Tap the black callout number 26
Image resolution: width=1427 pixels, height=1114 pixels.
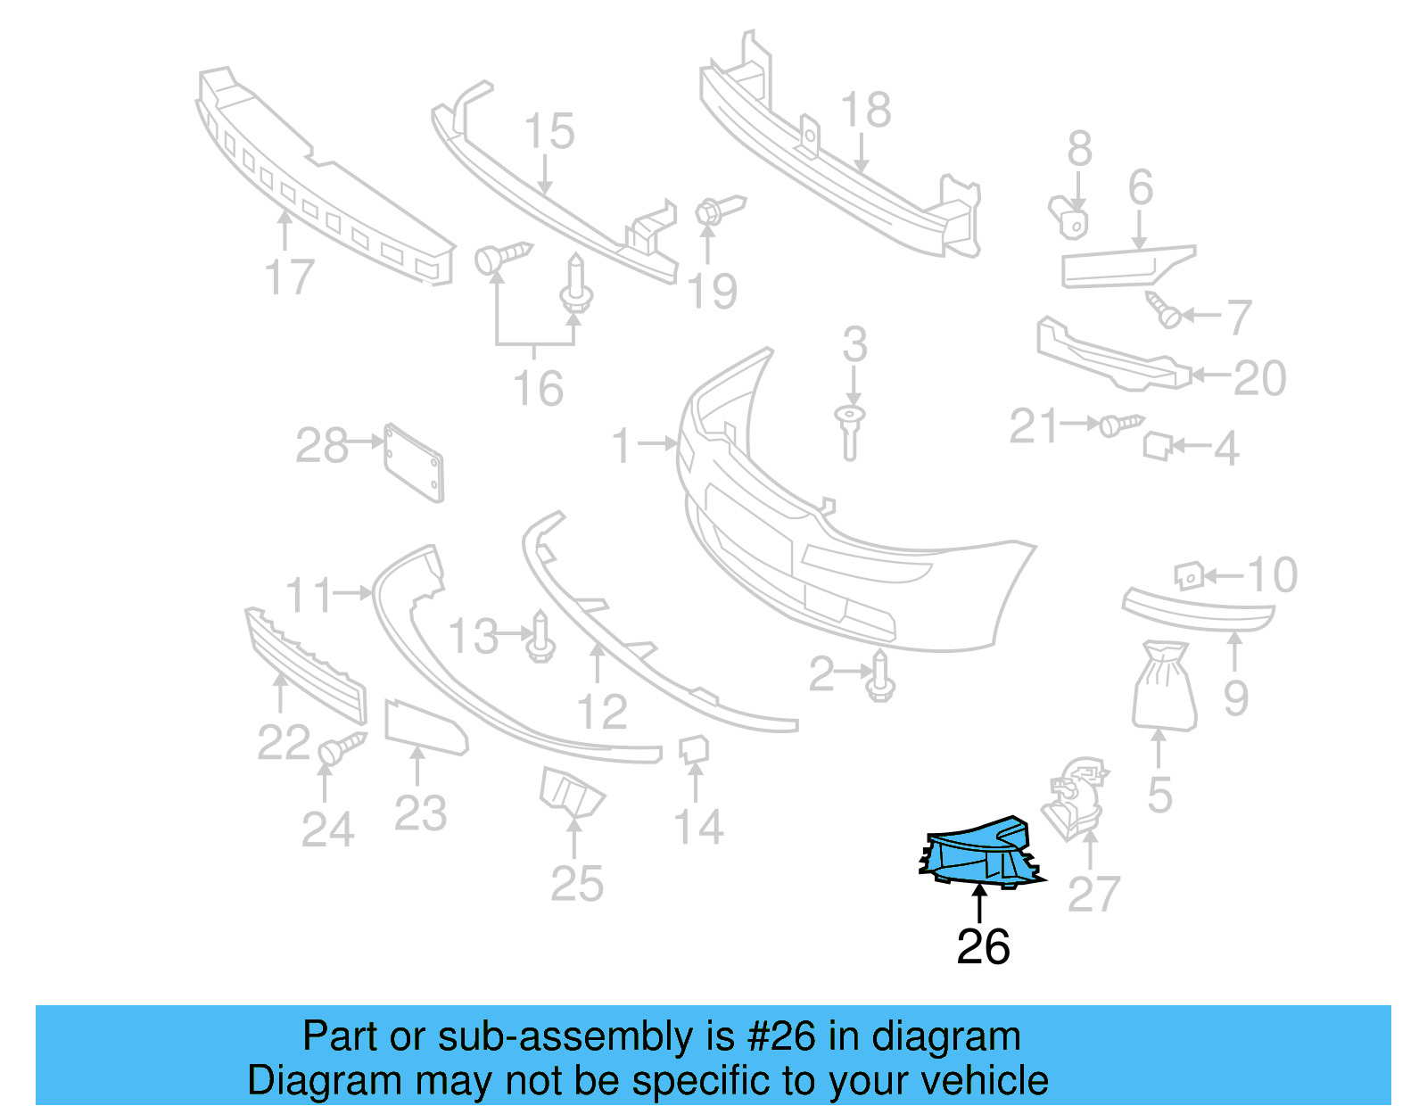coord(983,947)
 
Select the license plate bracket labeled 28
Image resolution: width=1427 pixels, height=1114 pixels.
coord(414,462)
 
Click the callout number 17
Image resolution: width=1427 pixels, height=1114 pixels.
coord(290,277)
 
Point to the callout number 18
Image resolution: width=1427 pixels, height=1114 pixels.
coord(865,111)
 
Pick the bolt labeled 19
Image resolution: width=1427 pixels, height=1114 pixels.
coord(715,211)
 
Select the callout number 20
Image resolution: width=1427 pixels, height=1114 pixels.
coord(1259,378)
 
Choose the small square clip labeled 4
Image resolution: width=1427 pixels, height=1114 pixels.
coord(1157,445)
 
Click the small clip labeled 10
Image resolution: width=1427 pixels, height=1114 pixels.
coord(1189,575)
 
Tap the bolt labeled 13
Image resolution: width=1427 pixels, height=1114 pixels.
coord(540,638)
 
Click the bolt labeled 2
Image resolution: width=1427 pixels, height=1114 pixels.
coord(881,676)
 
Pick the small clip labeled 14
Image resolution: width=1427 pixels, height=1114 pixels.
coord(694,749)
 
